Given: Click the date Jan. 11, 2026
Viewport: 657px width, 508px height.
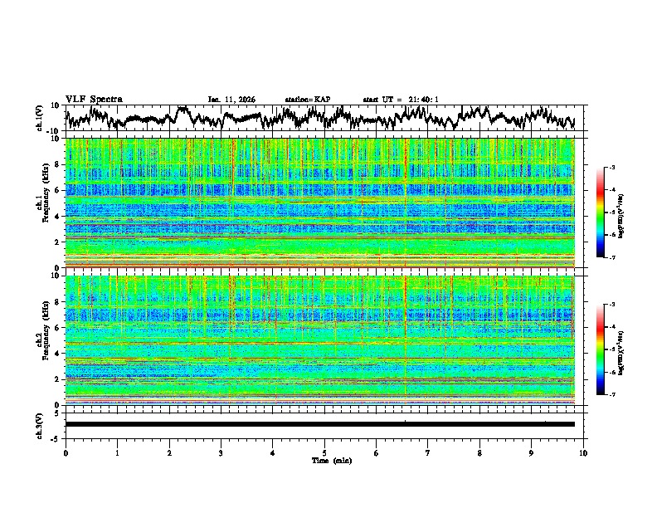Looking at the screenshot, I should click(x=231, y=100).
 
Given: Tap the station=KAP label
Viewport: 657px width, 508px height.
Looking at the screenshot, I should click(x=308, y=100).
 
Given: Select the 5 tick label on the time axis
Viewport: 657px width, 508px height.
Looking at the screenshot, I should click(x=324, y=453).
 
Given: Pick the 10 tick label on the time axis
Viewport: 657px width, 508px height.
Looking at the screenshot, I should click(x=583, y=453).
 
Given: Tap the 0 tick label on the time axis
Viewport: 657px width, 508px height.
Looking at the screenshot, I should click(x=66, y=453).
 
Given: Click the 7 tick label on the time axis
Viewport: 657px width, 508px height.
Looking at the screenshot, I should click(x=428, y=453).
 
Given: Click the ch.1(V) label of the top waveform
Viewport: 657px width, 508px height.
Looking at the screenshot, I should click(x=40, y=118).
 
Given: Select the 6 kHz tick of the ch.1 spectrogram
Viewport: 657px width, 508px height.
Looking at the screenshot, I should click(x=56, y=190).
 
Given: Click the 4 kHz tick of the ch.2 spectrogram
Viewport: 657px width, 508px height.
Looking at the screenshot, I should click(x=56, y=353).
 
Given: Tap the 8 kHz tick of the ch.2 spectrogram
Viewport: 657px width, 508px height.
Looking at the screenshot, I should click(x=56, y=301).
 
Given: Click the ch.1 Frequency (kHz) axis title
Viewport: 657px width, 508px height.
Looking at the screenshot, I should click(x=46, y=202).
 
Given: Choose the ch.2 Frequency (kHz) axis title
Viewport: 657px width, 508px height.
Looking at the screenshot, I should click(x=46, y=339).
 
